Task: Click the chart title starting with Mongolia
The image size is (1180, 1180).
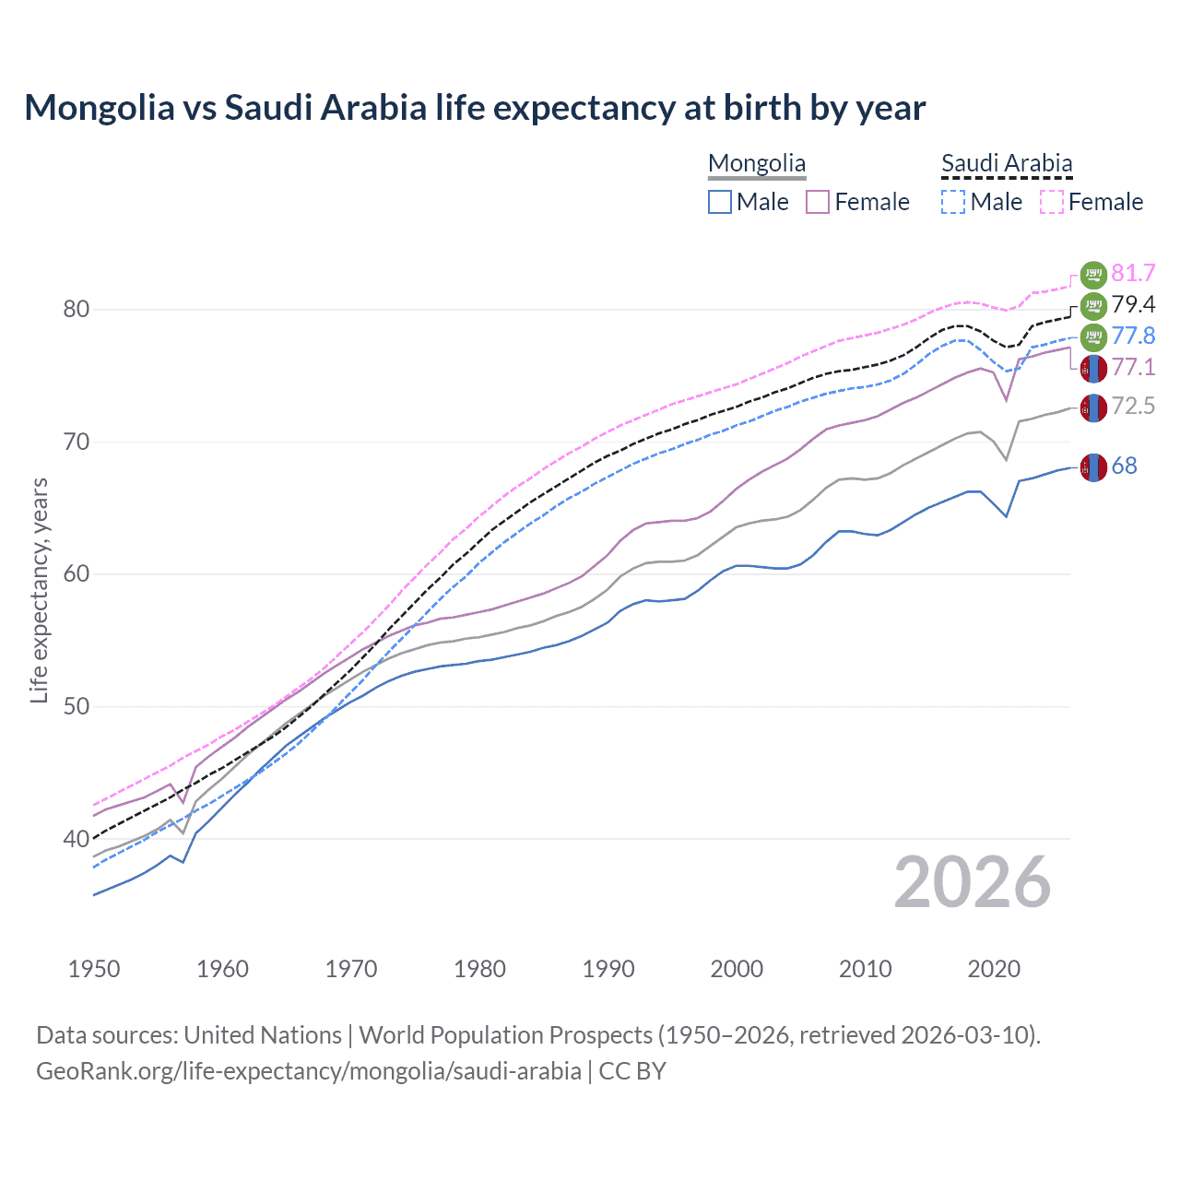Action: point(475,108)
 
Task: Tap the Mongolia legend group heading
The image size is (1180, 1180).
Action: point(757,164)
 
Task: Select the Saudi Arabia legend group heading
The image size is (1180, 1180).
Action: point(1007,164)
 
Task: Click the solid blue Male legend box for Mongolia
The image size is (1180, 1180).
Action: point(720,202)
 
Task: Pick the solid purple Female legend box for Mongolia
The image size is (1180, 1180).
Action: point(818,202)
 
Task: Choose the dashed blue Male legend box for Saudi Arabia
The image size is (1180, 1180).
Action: point(953,202)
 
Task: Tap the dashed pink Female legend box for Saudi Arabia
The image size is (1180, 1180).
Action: point(1052,202)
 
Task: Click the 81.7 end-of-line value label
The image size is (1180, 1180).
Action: point(1133,274)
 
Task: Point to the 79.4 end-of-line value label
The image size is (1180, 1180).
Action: point(1133,305)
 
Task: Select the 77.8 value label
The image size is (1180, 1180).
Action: point(1133,336)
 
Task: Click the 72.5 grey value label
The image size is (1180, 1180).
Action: point(1133,407)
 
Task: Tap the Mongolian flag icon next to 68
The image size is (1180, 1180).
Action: point(1093,467)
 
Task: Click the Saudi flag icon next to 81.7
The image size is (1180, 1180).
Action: point(1093,274)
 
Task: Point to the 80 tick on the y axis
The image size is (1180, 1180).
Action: point(77,310)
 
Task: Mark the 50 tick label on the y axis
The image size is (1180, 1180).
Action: point(77,707)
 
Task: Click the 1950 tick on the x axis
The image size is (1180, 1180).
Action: point(94,969)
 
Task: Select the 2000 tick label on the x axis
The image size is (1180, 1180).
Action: point(737,969)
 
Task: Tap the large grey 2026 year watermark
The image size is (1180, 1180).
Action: point(973,882)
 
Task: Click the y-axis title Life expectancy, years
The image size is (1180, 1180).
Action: point(40,590)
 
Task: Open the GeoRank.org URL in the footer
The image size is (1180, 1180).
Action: point(309,1071)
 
